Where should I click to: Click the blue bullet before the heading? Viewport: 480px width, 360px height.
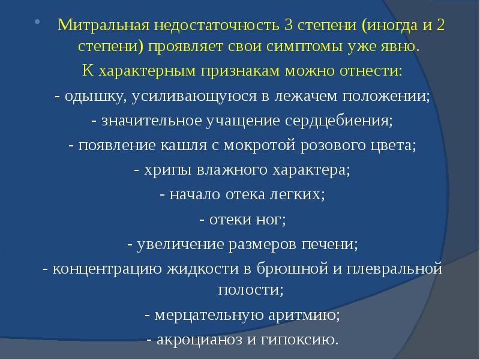(x=38, y=24)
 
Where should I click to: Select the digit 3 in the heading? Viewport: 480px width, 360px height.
(x=289, y=28)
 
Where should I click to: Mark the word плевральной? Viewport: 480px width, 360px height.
(x=391, y=268)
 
